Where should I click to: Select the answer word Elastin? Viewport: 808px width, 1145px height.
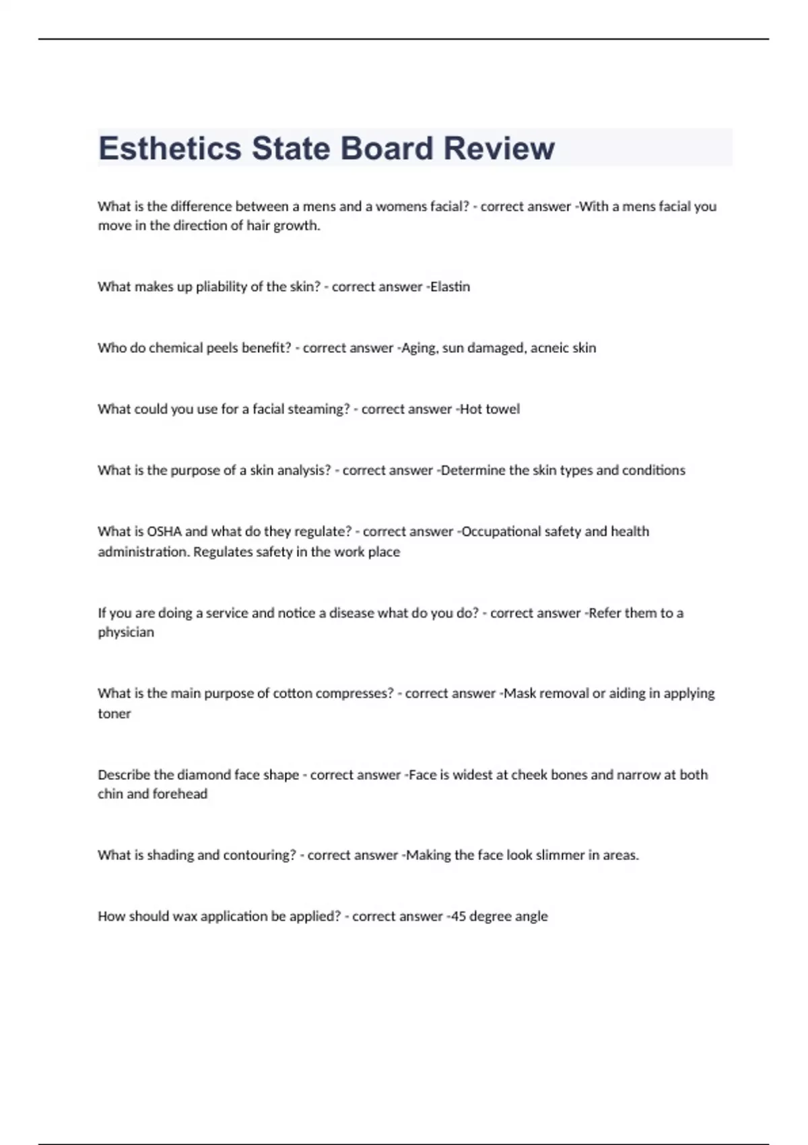tap(450, 286)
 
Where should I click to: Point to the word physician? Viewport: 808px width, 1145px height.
tap(126, 632)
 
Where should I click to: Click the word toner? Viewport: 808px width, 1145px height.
tap(114, 714)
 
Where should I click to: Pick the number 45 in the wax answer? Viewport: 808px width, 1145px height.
tap(458, 916)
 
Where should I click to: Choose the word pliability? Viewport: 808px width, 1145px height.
tap(221, 287)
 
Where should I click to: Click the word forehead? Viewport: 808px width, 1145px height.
tap(180, 794)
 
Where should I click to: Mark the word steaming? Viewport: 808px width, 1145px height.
tap(318, 410)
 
